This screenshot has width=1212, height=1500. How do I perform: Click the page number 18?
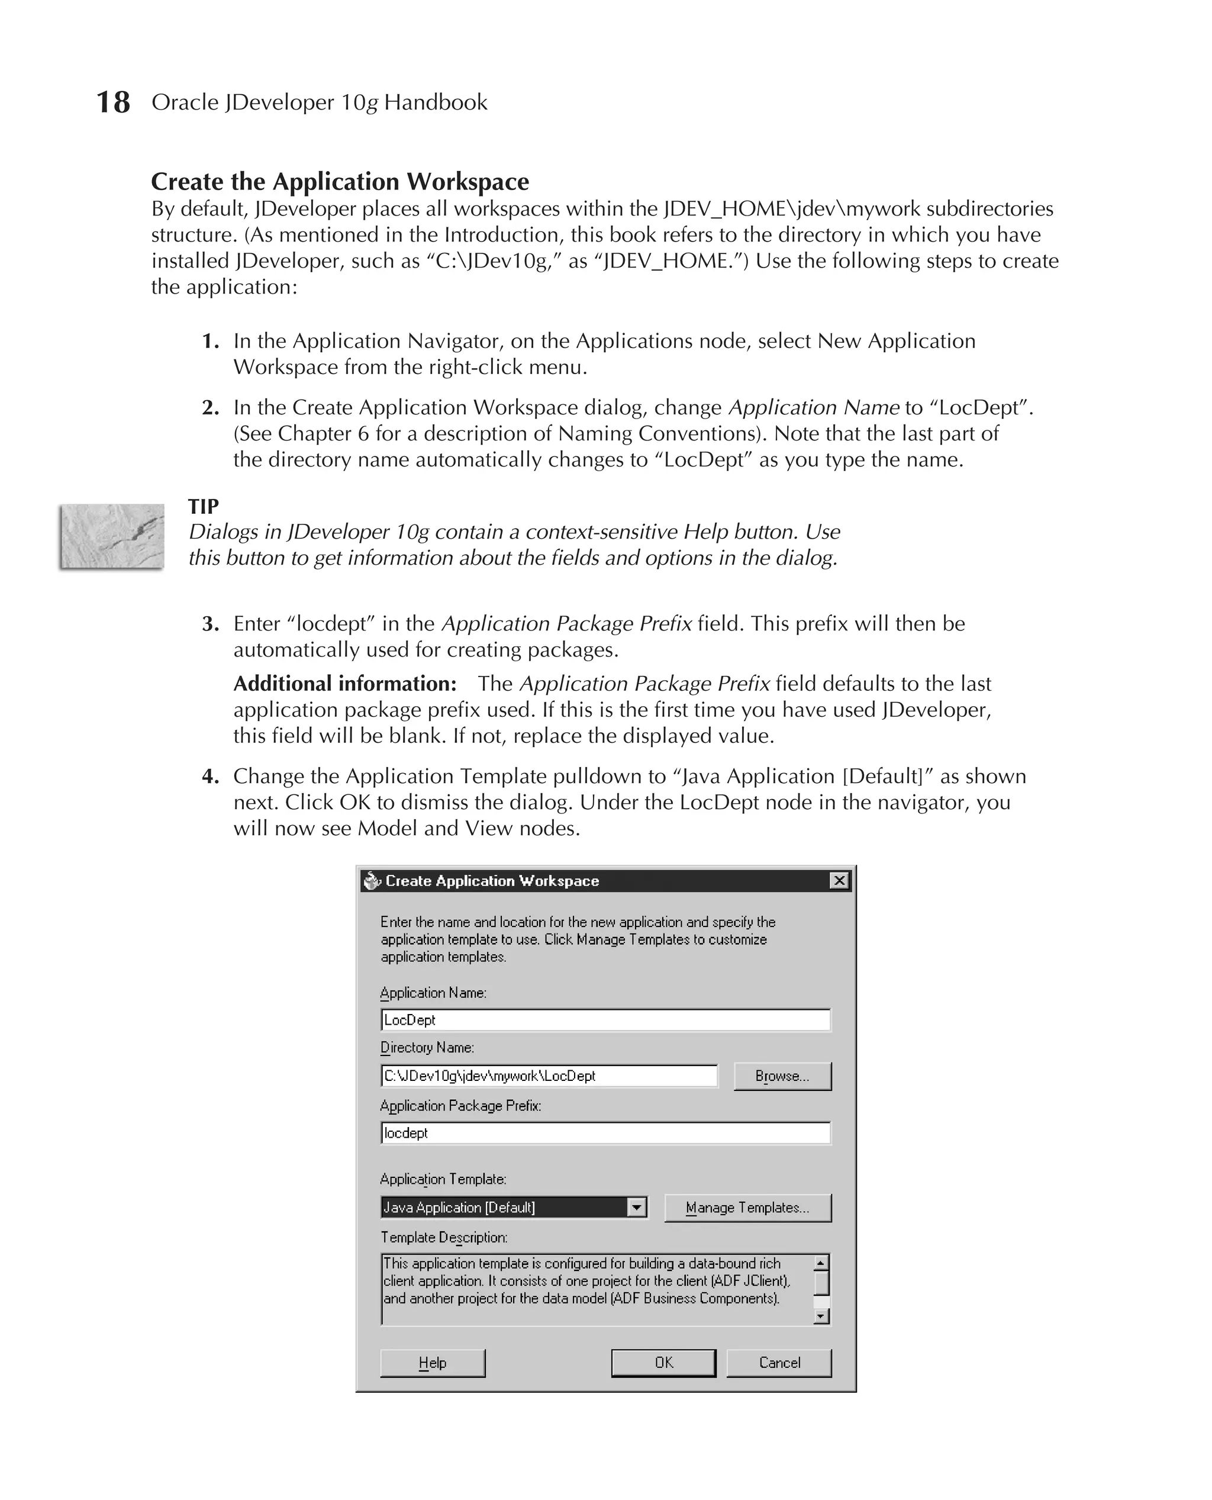pyautogui.click(x=112, y=102)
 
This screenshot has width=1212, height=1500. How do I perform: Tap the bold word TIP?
pyautogui.click(x=203, y=506)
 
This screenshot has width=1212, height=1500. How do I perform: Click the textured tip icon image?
pyautogui.click(x=112, y=536)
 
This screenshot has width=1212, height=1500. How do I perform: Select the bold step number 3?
pyautogui.click(x=210, y=623)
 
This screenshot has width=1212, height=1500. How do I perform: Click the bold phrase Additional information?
pyautogui.click(x=345, y=684)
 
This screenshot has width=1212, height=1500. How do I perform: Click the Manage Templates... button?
pyautogui.click(x=747, y=1208)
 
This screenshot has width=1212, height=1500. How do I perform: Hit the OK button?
pyautogui.click(x=663, y=1363)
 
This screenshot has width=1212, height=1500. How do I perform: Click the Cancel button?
pyautogui.click(x=779, y=1363)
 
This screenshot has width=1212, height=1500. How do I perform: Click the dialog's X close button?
pyautogui.click(x=839, y=881)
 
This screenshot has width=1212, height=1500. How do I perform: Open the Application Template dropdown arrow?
pyautogui.click(x=636, y=1208)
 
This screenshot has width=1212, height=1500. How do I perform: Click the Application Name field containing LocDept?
pyautogui.click(x=605, y=1019)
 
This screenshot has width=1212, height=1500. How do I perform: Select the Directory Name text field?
pyautogui.click(x=549, y=1076)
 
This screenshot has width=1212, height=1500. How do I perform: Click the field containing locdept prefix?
pyautogui.click(x=605, y=1132)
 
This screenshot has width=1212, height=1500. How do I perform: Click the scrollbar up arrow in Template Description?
pyautogui.click(x=822, y=1263)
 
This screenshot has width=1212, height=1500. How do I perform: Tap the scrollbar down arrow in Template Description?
pyautogui.click(x=822, y=1316)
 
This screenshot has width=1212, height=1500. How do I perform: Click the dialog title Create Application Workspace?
pyautogui.click(x=492, y=881)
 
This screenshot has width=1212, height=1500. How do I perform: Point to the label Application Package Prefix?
pyautogui.click(x=460, y=1105)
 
